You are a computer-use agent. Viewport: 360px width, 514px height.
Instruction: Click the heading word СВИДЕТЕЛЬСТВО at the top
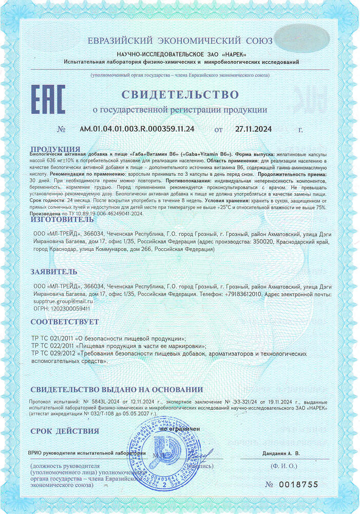180,95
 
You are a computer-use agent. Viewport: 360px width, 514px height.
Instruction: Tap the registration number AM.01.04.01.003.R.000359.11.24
137,129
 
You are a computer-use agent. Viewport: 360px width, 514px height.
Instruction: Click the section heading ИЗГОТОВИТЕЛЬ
62,219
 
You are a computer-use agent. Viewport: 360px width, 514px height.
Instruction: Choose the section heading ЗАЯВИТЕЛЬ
54,271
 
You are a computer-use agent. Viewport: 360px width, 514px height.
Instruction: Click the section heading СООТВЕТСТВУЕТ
64,322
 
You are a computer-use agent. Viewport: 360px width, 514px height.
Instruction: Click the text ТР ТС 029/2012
52,354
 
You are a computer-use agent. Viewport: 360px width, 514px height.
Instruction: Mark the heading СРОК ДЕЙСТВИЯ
64,431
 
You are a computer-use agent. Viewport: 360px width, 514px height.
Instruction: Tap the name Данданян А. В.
280,453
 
